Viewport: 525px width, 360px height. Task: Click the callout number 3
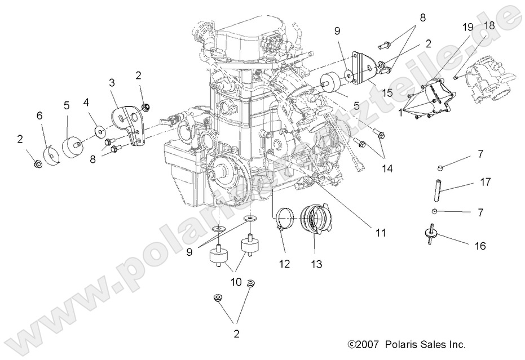click(x=112, y=83)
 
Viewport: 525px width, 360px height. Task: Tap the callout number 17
click(x=486, y=182)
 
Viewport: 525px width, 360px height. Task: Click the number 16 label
click(x=480, y=246)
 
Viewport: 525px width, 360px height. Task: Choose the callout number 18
click(x=489, y=25)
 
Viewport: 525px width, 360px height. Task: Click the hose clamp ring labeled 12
click(x=285, y=216)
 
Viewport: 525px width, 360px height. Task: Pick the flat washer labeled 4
click(x=100, y=131)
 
